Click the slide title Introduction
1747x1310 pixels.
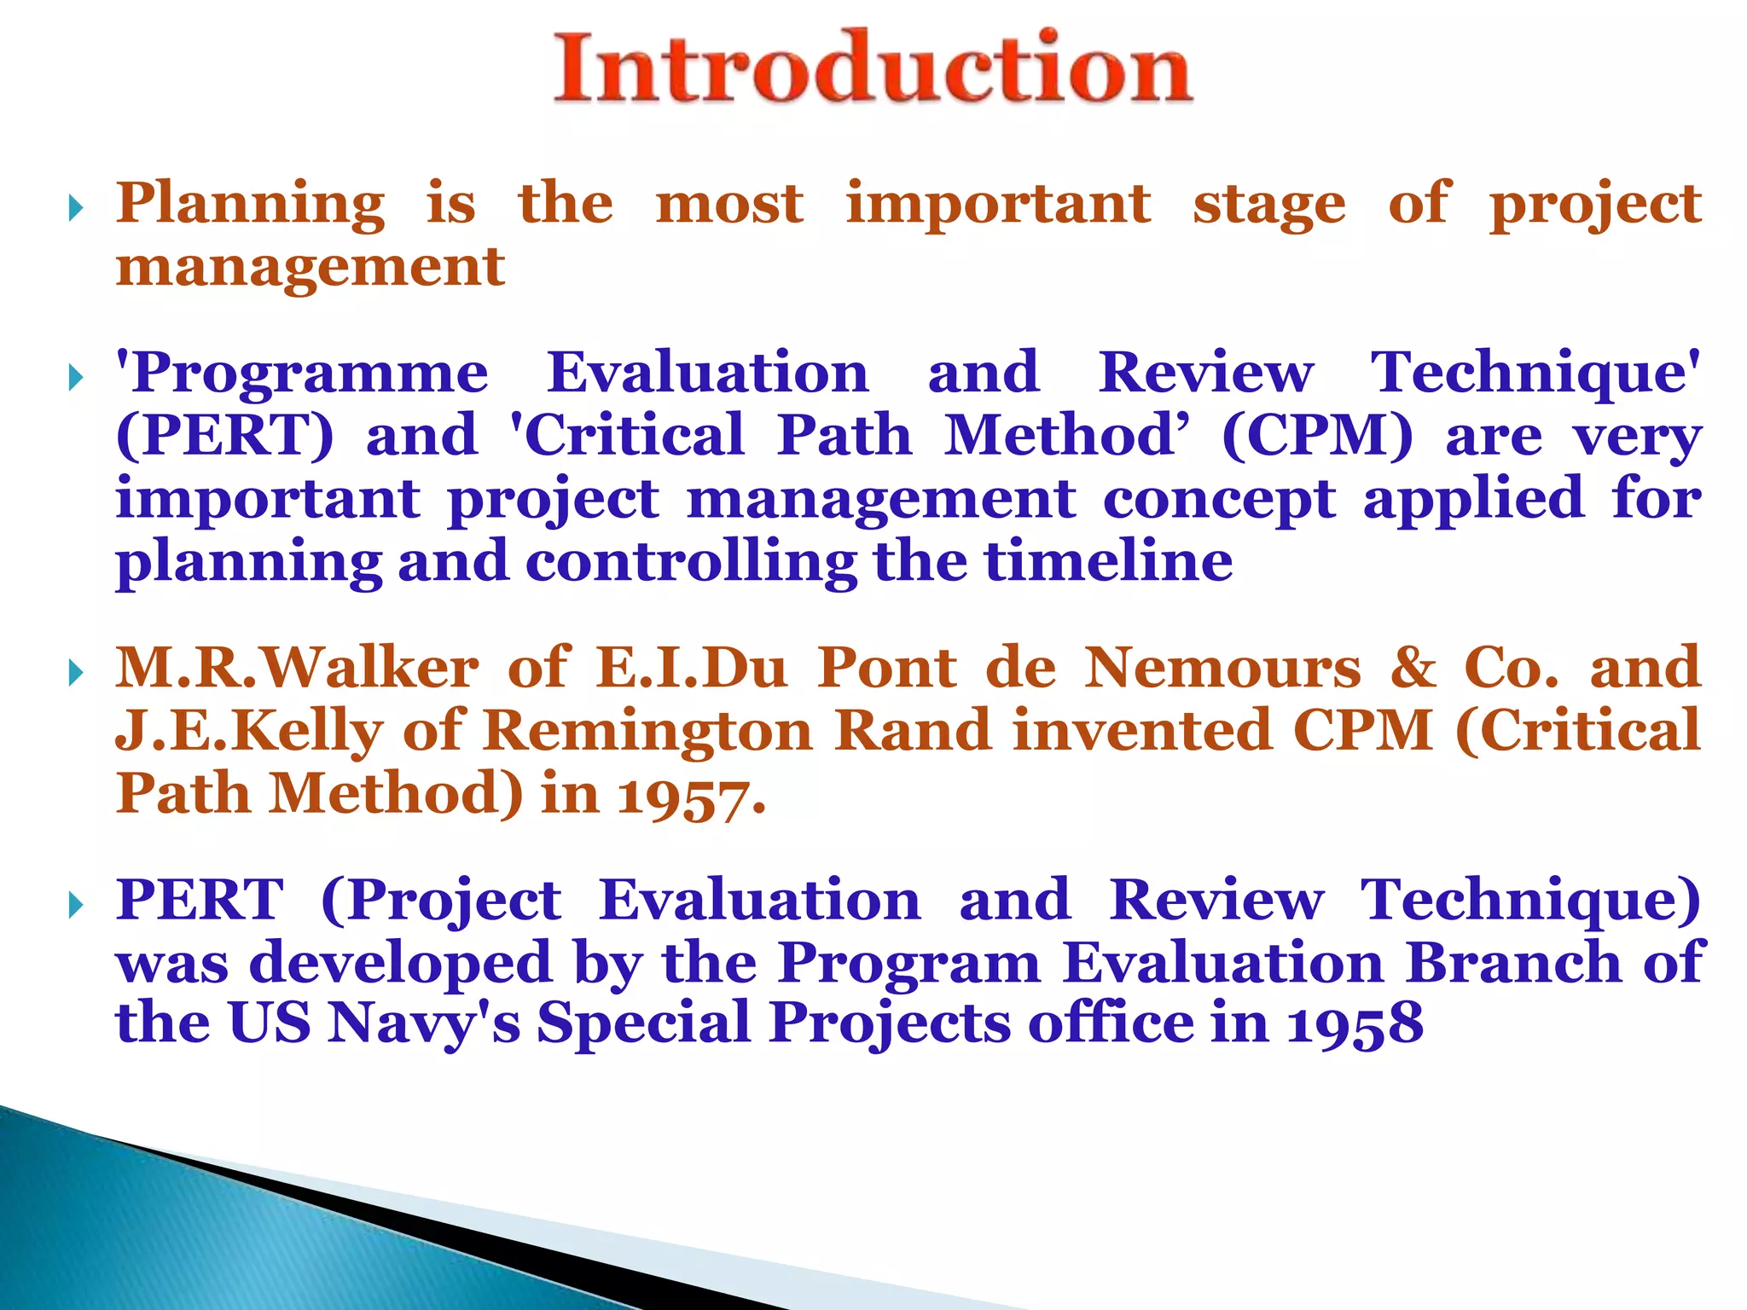coord(873,68)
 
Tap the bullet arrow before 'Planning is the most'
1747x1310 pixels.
coord(76,207)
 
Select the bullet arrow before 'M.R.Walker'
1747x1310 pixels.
coord(76,673)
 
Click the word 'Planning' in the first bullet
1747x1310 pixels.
coord(250,205)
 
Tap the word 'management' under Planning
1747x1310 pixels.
coord(311,266)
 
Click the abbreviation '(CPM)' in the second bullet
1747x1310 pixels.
coord(1317,436)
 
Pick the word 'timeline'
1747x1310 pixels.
coord(1109,561)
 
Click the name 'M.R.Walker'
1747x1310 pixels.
coord(297,667)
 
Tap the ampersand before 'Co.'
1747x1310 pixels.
coord(1413,667)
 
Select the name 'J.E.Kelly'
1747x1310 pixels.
coord(249,732)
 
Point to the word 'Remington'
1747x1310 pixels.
coord(648,732)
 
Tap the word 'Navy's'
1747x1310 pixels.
coord(424,1023)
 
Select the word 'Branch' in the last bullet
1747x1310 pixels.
coord(1513,962)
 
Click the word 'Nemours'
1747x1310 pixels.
coord(1222,667)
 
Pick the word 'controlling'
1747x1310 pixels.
coord(691,561)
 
